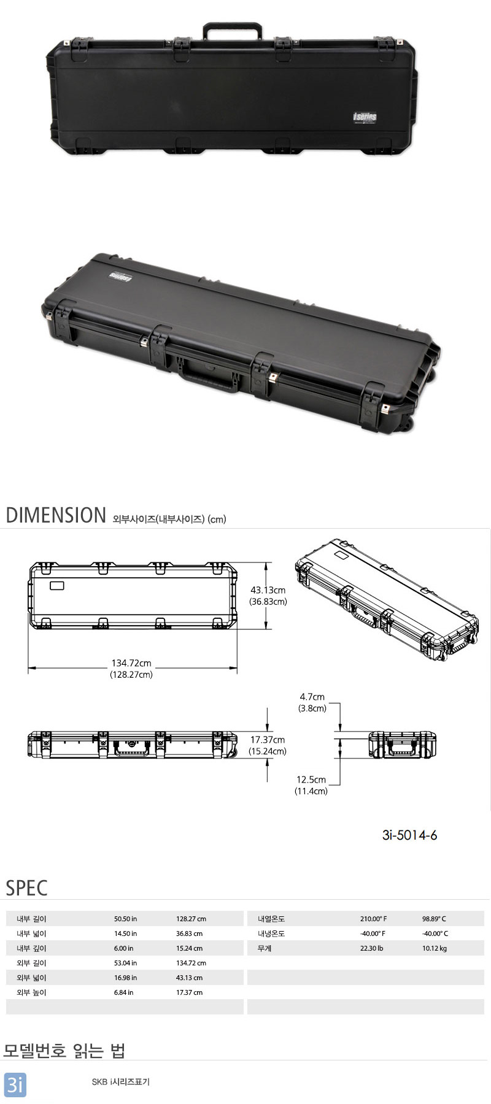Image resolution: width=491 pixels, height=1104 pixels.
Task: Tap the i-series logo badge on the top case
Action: (x=365, y=117)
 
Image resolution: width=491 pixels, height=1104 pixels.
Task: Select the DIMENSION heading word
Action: (x=56, y=515)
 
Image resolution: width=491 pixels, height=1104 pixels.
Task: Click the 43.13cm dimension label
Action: (x=268, y=590)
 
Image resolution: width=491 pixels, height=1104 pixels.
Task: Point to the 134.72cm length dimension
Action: (x=131, y=663)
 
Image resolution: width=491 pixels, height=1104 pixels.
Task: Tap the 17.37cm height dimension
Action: (x=268, y=740)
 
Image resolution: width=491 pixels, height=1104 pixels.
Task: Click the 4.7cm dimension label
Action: (x=312, y=697)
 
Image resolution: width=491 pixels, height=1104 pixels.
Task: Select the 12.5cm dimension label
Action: (x=311, y=780)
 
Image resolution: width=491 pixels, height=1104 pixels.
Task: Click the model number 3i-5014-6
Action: (x=409, y=835)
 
